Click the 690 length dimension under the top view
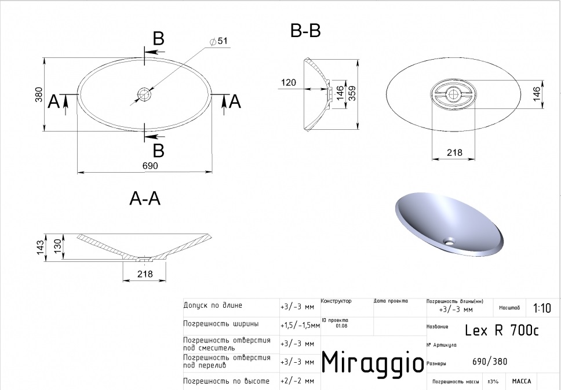[x=150, y=166]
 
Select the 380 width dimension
[x=39, y=94]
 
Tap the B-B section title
[x=305, y=31]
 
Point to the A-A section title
[x=145, y=199]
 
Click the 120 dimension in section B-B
[x=289, y=83]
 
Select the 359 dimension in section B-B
[x=351, y=93]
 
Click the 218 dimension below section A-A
[x=145, y=274]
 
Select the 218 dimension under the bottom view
[x=455, y=152]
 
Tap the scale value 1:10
[x=542, y=308]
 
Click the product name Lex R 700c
[x=502, y=330]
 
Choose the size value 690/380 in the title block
[x=490, y=362]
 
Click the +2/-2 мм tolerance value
[x=297, y=381]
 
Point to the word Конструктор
[x=336, y=301]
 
